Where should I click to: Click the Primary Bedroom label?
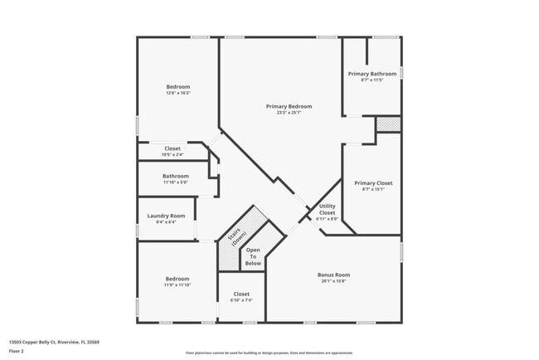pyautogui.click(x=289, y=106)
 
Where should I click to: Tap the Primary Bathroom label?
pyautogui.click(x=371, y=74)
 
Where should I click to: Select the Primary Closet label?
pyautogui.click(x=373, y=182)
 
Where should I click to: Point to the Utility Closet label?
pyautogui.click(x=328, y=209)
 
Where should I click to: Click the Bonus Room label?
pyautogui.click(x=334, y=275)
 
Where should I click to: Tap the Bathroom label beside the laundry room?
pyautogui.click(x=175, y=176)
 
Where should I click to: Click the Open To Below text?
pyautogui.click(x=253, y=256)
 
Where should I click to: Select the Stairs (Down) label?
pyautogui.click(x=236, y=236)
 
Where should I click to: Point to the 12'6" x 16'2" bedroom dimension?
pyautogui.click(x=177, y=94)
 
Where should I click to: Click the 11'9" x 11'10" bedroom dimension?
pyautogui.click(x=177, y=285)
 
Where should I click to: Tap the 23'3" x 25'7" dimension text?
pyautogui.click(x=289, y=113)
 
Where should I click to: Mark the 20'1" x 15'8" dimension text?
pyautogui.click(x=334, y=281)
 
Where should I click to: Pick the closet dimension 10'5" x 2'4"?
pyautogui.click(x=172, y=154)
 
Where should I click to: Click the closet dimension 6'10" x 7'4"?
pyautogui.click(x=241, y=300)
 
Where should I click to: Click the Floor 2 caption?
pyautogui.click(x=17, y=351)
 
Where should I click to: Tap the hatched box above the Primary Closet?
pyautogui.click(x=388, y=124)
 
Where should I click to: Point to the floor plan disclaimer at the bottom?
pyautogui.click(x=269, y=353)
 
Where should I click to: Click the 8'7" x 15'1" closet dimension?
pyautogui.click(x=373, y=189)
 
